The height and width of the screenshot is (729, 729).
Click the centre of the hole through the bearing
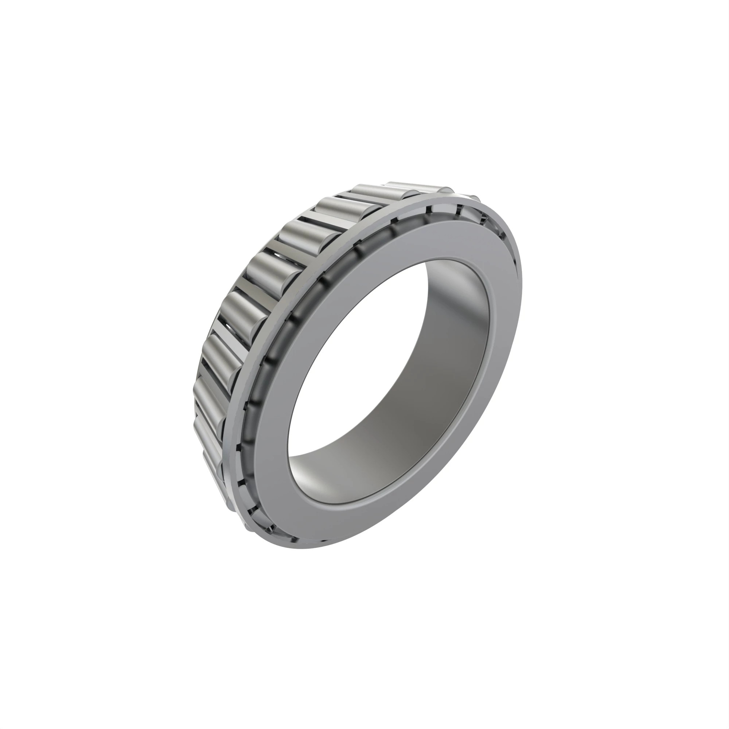(389, 374)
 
